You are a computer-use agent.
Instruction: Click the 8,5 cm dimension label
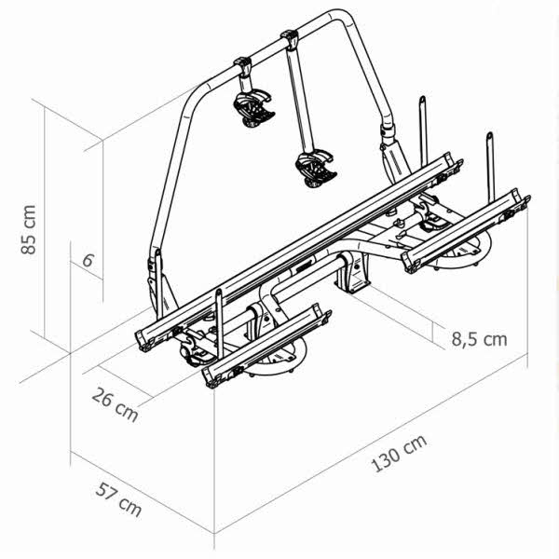point(479,338)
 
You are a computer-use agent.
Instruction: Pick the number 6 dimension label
point(88,260)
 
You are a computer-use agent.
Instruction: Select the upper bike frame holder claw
point(254,108)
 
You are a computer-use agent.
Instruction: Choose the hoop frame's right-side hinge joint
point(389,140)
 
